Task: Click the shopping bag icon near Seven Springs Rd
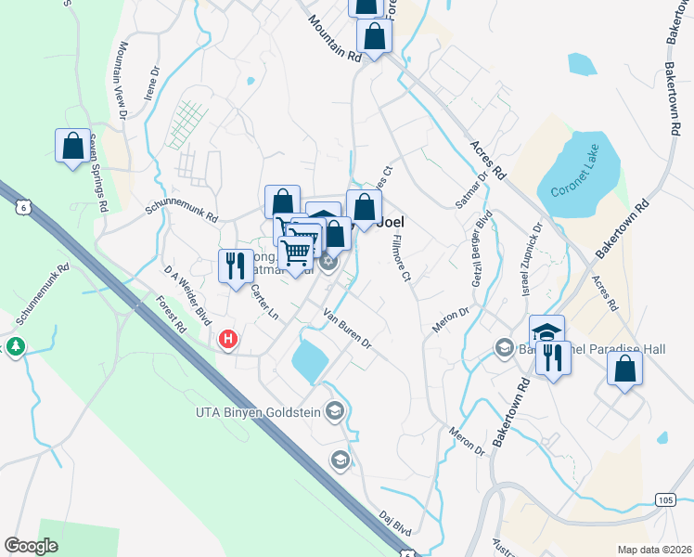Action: (72, 146)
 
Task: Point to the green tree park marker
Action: (15, 346)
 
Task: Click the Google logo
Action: (31, 545)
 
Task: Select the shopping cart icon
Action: (296, 252)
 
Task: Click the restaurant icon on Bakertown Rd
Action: (553, 357)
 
